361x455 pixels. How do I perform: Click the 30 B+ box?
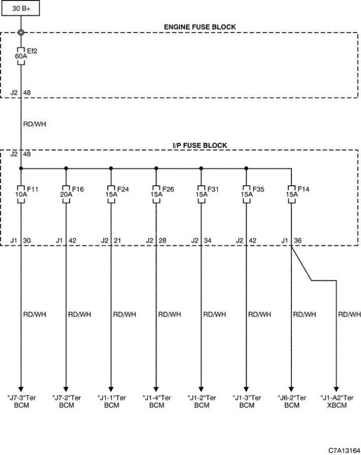20,8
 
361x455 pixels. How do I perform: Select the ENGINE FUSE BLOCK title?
200,27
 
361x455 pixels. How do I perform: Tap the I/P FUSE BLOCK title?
200,146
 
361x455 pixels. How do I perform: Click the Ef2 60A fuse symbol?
21,55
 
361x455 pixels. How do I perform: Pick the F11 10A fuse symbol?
21,194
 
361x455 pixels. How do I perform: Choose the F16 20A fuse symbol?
66,194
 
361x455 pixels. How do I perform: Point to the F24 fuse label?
123,189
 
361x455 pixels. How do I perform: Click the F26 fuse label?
168,189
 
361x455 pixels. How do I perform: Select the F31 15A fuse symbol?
201,194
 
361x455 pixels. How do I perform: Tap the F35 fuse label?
258,189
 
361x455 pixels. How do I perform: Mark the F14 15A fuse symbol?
291,194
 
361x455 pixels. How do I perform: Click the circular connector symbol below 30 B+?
21,33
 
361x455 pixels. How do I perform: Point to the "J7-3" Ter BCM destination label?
21,402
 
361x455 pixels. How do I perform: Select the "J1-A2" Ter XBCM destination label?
337,402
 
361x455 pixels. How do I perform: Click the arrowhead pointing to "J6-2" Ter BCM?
291,389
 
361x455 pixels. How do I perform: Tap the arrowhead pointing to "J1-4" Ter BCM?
156,389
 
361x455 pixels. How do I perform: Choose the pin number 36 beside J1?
298,240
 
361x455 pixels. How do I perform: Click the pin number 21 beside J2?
117,240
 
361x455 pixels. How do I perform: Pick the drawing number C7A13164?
344,450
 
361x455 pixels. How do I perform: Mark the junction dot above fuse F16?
66,168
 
